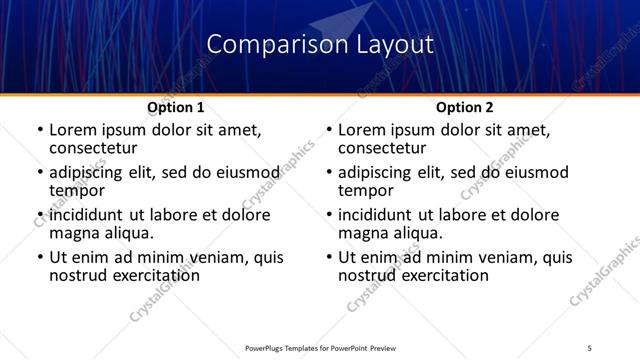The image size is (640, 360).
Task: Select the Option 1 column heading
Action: (x=176, y=107)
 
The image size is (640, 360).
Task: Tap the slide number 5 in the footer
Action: (x=589, y=346)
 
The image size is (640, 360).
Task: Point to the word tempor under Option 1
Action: (x=77, y=191)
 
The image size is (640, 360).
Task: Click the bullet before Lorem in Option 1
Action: (x=39, y=131)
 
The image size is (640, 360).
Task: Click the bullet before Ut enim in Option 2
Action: (x=328, y=258)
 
